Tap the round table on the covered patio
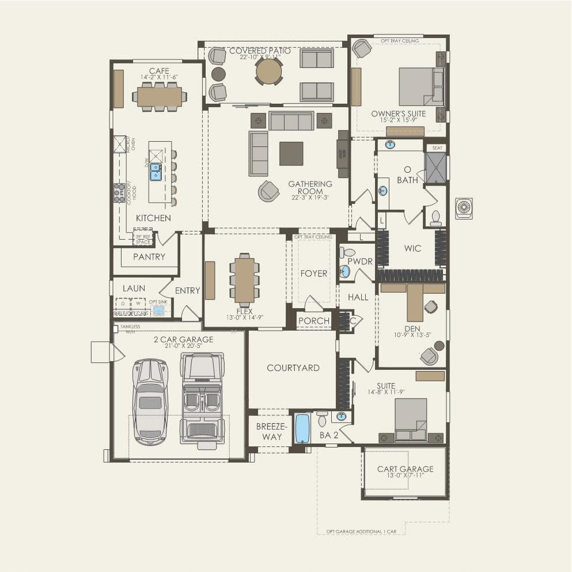(x=269, y=71)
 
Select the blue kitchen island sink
(x=156, y=171)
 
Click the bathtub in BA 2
(x=302, y=429)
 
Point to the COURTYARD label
(x=293, y=368)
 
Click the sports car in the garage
(x=150, y=401)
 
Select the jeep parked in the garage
(x=201, y=397)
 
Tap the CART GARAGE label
(x=405, y=469)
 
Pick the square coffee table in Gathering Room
(x=291, y=154)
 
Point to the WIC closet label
(x=412, y=249)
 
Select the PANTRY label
(x=149, y=257)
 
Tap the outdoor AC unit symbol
(x=464, y=207)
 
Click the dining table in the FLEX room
(x=244, y=279)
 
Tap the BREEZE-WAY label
(x=269, y=431)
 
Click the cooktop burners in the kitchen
(x=119, y=192)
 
